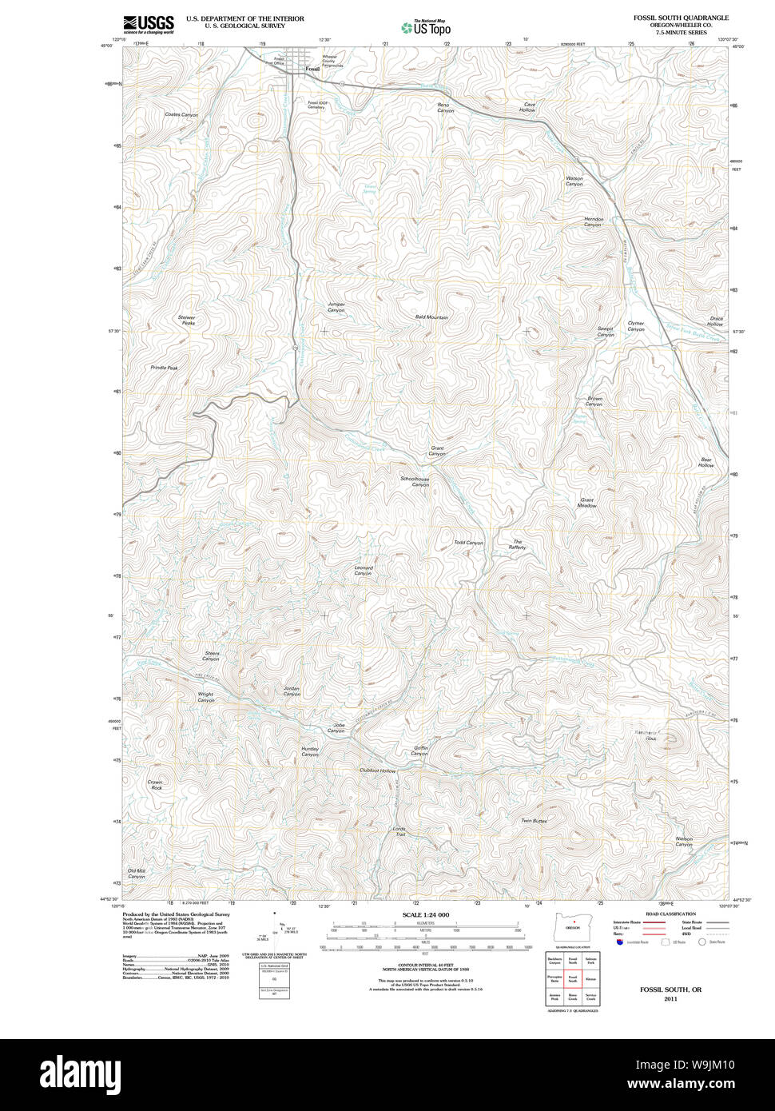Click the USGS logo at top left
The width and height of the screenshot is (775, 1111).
[x=149, y=24]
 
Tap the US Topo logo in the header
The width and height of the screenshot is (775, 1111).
[x=426, y=27]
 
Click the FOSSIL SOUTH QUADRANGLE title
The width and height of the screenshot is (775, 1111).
[x=681, y=18]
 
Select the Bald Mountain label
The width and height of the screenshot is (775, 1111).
[x=431, y=317]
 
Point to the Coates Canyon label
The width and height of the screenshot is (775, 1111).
[x=181, y=115]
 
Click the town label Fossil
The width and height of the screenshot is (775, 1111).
[x=312, y=70]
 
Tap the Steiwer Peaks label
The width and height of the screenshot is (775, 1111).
[x=187, y=321]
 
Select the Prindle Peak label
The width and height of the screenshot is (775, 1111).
[x=164, y=368]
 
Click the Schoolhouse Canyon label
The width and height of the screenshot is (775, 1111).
[x=415, y=482]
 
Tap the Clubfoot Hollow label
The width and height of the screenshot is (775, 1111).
[x=377, y=771]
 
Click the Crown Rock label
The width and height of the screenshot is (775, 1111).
[x=155, y=785]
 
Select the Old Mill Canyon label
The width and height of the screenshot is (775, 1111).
[x=137, y=874]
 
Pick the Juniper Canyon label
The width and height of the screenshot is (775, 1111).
[x=336, y=307]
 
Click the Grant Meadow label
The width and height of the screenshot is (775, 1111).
[x=587, y=503]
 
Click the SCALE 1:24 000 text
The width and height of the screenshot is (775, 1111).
[x=426, y=914]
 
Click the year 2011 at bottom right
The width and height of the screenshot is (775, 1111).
[x=670, y=998]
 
